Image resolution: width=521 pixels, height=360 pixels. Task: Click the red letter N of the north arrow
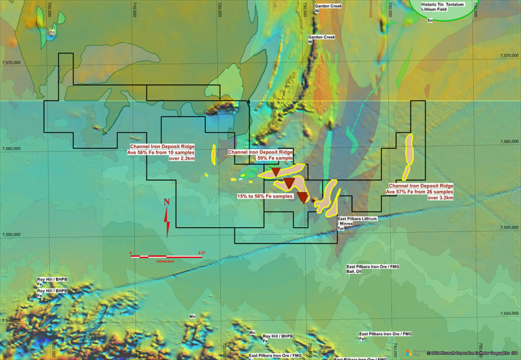tap(166, 202)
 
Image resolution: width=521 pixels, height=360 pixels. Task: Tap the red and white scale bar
tap(167, 256)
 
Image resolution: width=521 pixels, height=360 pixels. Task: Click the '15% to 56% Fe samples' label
tap(265, 196)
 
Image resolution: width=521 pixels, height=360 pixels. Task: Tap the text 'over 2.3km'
tap(182, 158)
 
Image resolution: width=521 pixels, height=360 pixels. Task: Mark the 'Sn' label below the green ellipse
tap(429, 20)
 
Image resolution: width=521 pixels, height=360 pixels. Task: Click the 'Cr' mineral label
tap(52, 31)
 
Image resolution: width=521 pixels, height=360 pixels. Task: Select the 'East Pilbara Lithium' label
tap(357, 219)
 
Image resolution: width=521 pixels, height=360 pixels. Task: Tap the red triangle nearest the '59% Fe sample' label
tap(276, 173)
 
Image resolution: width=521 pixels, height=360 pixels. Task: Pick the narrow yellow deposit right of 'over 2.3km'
tap(213, 155)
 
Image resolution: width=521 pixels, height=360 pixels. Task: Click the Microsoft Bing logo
tap(419, 351)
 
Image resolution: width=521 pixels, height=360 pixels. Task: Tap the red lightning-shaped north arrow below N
tap(167, 221)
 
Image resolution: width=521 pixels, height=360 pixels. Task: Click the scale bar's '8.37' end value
tap(201, 252)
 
